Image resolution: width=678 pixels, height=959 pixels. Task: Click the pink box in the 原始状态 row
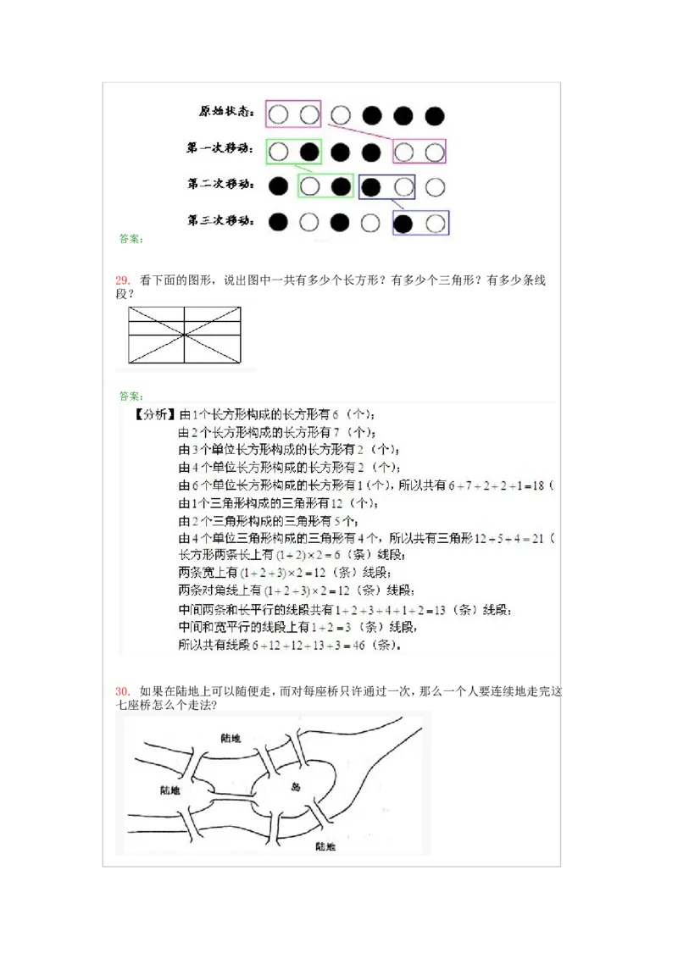(293, 114)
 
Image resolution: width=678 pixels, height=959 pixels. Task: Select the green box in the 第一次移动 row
(293, 152)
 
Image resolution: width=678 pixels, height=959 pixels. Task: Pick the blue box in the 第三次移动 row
(420, 223)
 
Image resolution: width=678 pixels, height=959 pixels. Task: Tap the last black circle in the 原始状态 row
(435, 115)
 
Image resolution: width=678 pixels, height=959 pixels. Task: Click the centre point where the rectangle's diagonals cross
(185, 335)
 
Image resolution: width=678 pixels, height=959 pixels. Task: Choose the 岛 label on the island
(295, 785)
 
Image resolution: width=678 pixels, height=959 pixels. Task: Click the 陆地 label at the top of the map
(230, 738)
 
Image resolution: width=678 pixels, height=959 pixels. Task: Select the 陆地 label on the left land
(169, 790)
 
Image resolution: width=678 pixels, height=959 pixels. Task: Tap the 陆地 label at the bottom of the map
(325, 845)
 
